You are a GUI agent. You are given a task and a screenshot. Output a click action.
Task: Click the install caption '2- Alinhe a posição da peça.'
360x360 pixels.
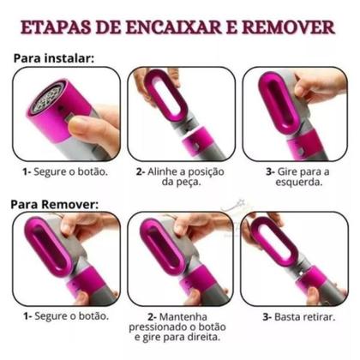pyautogui.click(x=179, y=177)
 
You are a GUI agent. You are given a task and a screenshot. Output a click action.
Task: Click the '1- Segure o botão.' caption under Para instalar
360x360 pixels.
pyautogui.click(x=65, y=171)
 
